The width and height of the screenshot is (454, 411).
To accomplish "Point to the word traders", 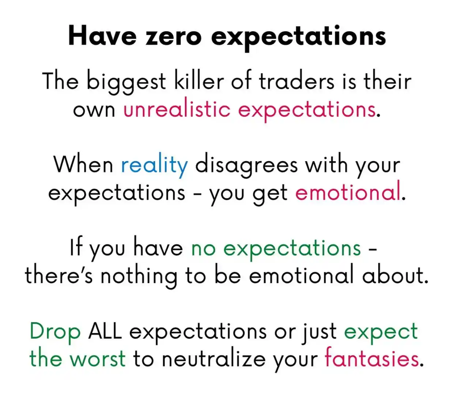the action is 296,81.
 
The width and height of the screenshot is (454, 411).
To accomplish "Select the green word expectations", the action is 292,249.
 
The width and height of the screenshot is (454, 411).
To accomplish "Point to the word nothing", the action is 139,276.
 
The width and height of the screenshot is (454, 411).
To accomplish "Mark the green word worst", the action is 98,359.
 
